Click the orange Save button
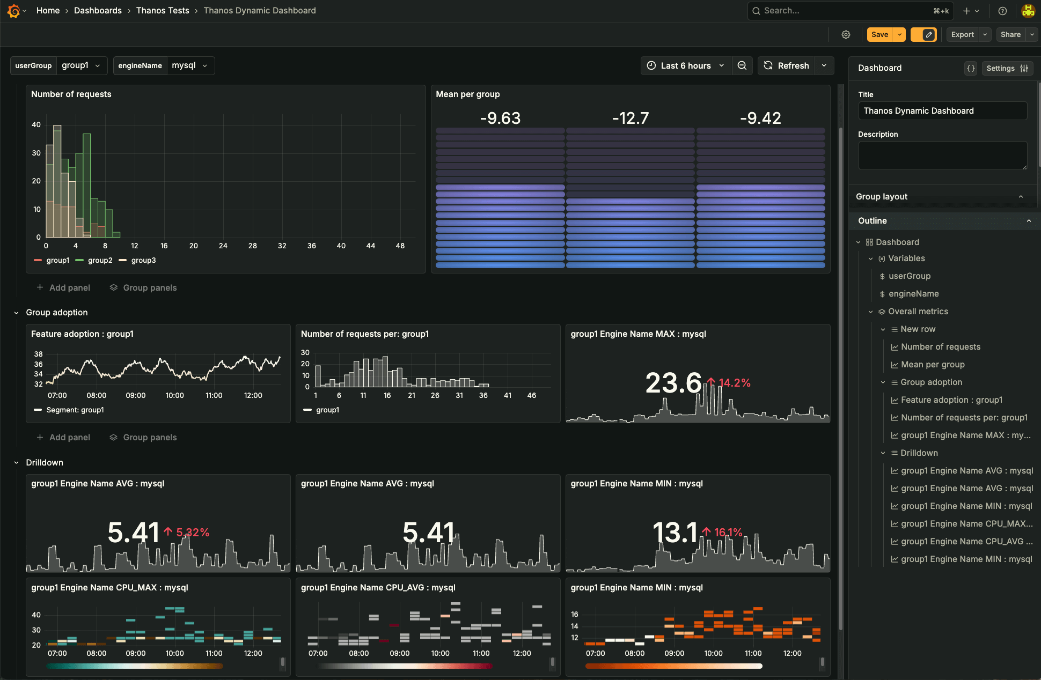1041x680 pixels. [x=879, y=34]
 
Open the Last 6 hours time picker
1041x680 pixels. [x=685, y=65]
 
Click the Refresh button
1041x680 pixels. [x=787, y=65]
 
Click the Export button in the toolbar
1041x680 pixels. [x=962, y=34]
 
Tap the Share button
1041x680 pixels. [x=1010, y=34]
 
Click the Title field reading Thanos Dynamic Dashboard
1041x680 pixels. [x=942, y=111]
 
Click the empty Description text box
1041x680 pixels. [x=942, y=156]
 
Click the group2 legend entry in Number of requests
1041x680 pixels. [x=100, y=260]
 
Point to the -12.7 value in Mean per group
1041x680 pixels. [x=631, y=118]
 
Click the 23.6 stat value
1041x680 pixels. [x=673, y=383]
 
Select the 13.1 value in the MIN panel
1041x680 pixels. [x=675, y=533]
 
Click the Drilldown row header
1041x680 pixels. [x=45, y=462]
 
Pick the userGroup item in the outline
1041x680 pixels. [x=910, y=276]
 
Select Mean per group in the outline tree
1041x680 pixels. [x=933, y=364]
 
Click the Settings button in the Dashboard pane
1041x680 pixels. [x=1007, y=68]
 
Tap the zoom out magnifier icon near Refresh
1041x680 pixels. [x=742, y=65]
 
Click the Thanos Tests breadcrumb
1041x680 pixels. [x=163, y=10]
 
